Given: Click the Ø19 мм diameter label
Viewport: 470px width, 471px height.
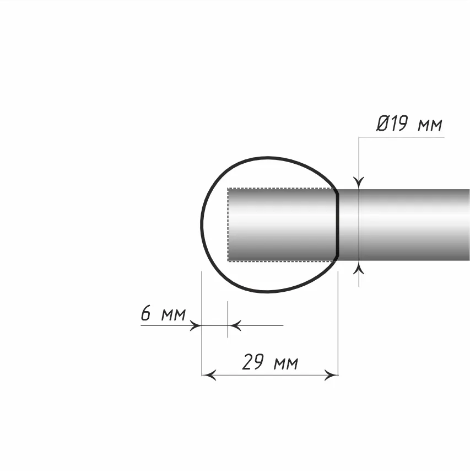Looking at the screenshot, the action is click(409, 124).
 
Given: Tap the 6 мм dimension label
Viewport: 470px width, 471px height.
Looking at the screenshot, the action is click(163, 313).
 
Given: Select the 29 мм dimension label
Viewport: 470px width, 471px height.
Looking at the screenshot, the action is click(270, 362).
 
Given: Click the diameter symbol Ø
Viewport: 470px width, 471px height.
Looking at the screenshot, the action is click(383, 124).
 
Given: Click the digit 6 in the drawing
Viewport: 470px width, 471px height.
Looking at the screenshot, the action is click(146, 313).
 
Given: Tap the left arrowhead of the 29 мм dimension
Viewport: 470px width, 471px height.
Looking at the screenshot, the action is click(209, 375).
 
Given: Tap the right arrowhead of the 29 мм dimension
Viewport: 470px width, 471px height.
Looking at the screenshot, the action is click(331, 375).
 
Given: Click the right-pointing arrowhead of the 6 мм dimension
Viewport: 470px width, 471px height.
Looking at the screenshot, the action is click(196, 325).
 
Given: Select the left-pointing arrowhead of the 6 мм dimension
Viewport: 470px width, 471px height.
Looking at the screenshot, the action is click(234, 325).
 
